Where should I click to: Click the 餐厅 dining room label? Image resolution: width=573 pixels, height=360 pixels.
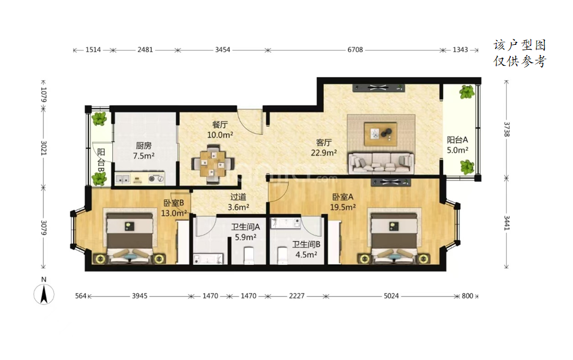click(220, 125)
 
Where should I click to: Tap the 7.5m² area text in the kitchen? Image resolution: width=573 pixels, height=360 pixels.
click(143, 156)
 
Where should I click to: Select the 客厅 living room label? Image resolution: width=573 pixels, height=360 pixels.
click(324, 142)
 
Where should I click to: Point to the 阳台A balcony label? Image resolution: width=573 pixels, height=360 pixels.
click(457, 140)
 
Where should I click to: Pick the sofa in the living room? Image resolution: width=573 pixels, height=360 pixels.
click(381, 163)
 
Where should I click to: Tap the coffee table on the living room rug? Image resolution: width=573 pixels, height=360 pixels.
click(381, 132)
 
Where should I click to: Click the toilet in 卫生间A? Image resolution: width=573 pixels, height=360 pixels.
click(249, 255)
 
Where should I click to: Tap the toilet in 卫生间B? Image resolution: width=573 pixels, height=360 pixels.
click(283, 255)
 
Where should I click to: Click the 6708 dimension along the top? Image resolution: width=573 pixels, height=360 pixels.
click(355, 50)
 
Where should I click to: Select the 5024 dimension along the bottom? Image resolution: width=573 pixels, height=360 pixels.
click(391, 296)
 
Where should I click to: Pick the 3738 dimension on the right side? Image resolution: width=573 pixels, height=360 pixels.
click(507, 129)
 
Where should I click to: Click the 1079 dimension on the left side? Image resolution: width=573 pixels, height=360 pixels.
click(44, 94)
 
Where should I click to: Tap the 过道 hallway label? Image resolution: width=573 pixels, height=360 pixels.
click(238, 197)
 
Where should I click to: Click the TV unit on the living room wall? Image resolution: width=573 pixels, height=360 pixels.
click(379, 88)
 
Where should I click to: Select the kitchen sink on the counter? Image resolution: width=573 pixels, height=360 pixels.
click(122, 179)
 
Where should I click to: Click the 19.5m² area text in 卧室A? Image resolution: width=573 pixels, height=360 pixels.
click(343, 208)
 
